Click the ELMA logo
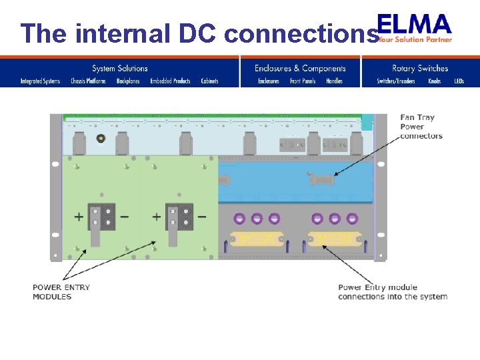point(414,27)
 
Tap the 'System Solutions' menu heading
point(120,68)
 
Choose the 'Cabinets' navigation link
point(209,81)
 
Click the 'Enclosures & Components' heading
point(300,68)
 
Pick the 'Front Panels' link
point(303,81)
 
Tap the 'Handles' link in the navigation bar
point(334,81)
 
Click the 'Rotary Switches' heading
point(420,68)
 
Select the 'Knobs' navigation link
point(434,81)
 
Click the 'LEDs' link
point(459,81)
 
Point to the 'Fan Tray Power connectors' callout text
point(421,127)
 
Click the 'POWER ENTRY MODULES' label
point(61,292)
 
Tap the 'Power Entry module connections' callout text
point(393,292)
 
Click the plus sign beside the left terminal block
point(79,217)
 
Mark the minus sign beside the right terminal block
point(201,217)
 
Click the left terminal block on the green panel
point(101,217)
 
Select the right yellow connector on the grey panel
point(334,238)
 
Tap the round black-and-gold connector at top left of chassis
point(101,139)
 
